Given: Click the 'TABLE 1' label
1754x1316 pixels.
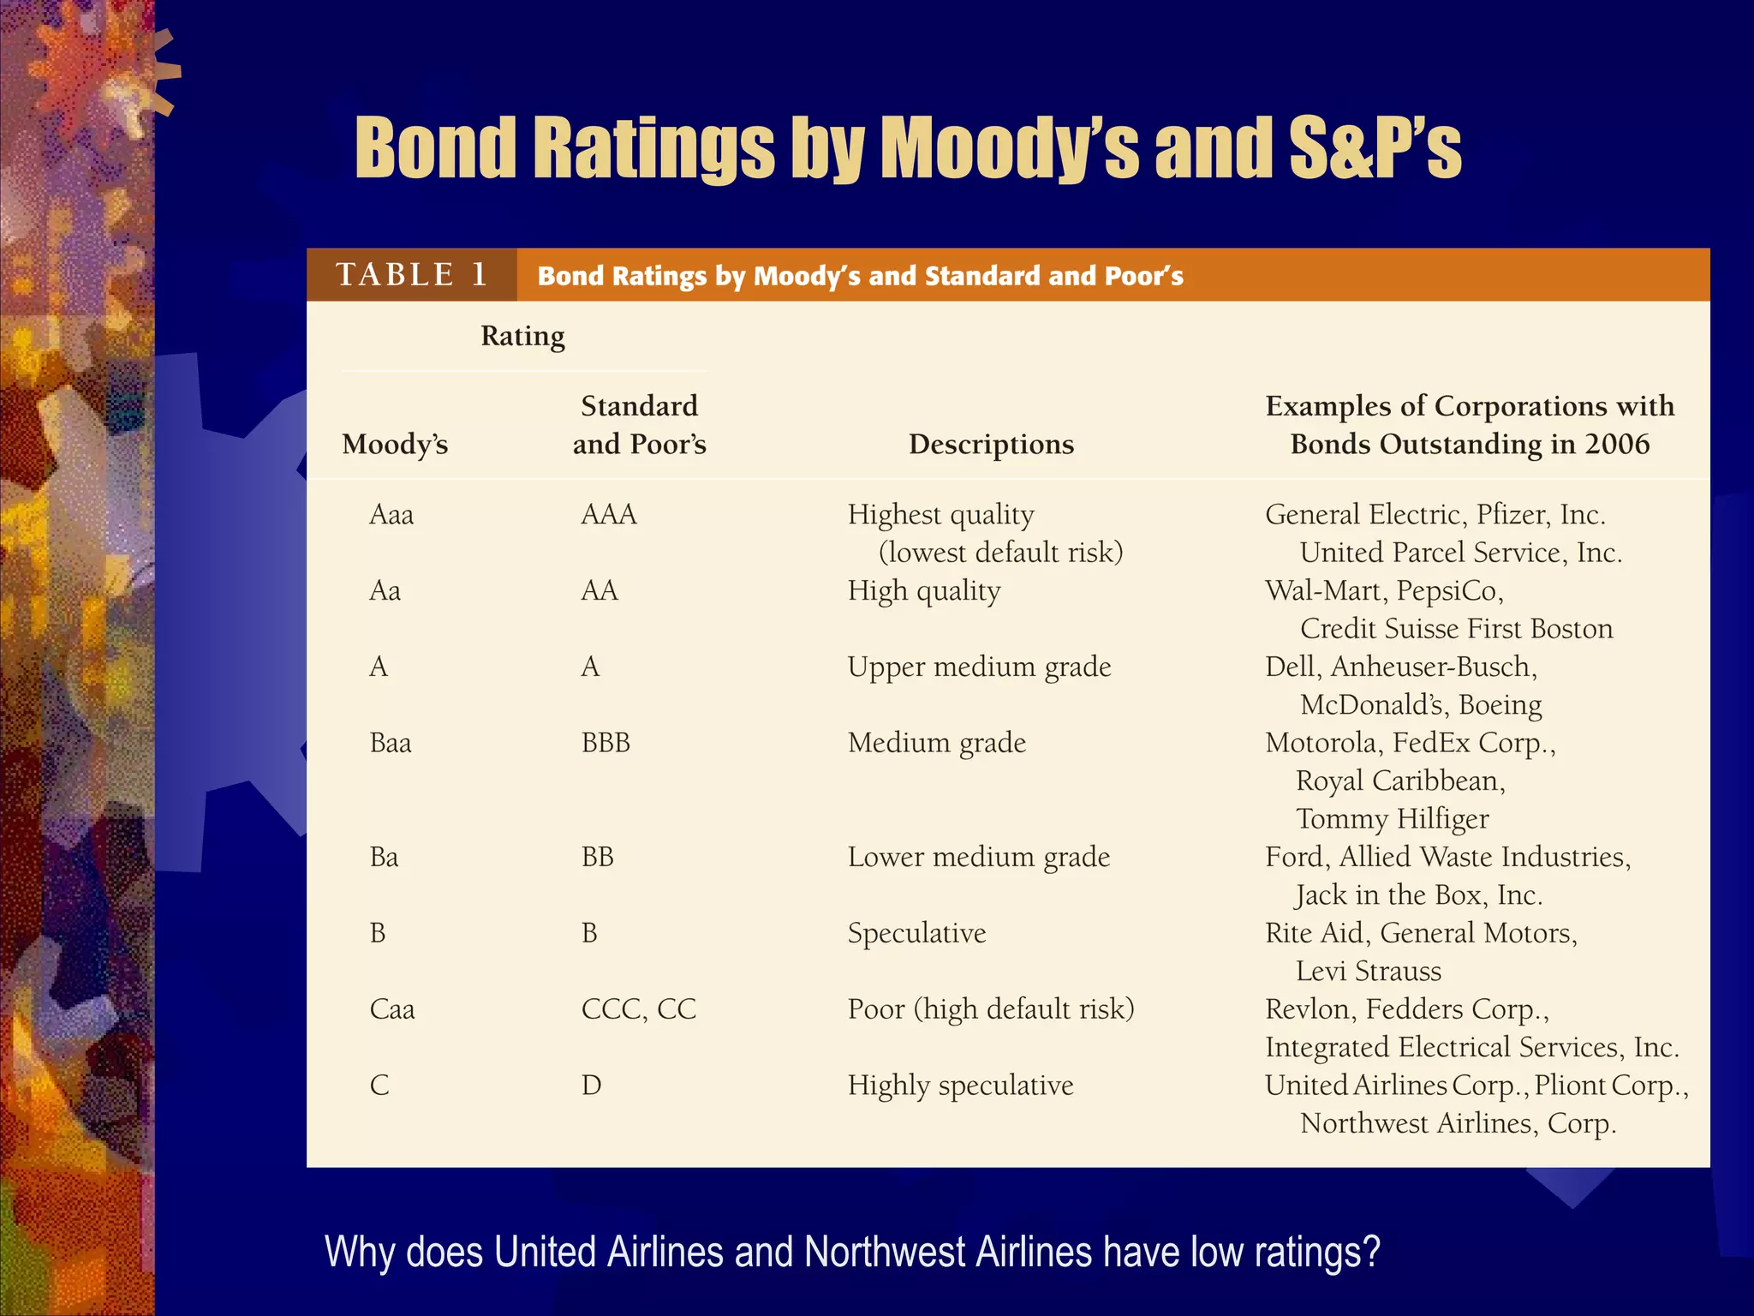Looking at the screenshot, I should pyautogui.click(x=411, y=275).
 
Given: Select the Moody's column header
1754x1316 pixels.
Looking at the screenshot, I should pyautogui.click(x=395, y=444).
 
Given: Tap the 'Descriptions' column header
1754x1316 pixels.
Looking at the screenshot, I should pyautogui.click(x=991, y=444).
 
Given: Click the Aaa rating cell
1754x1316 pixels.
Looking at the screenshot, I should pyautogui.click(x=391, y=514).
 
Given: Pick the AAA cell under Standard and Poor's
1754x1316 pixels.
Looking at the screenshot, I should pyautogui.click(x=609, y=514).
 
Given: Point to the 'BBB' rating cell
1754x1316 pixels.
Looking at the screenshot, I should pyautogui.click(x=606, y=742).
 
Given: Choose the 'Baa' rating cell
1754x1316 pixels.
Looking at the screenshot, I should pyautogui.click(x=391, y=742).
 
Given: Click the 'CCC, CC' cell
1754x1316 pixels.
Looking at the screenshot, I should pyautogui.click(x=639, y=1008).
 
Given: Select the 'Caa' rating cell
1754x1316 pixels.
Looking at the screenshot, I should pyautogui.click(x=392, y=1008).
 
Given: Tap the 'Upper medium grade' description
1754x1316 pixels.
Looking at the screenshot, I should pyautogui.click(x=979, y=667).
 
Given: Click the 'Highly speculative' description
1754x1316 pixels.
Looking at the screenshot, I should pyautogui.click(x=960, y=1086).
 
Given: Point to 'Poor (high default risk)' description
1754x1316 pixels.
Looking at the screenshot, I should pyautogui.click(x=991, y=1009).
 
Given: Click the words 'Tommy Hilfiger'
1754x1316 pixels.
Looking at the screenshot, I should pyautogui.click(x=1393, y=819).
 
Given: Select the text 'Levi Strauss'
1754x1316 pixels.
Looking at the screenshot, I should pyautogui.click(x=1369, y=971).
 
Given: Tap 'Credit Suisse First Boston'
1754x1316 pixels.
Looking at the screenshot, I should pyautogui.click(x=1456, y=629).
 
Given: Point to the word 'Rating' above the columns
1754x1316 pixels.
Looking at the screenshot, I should pyautogui.click(x=522, y=336).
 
